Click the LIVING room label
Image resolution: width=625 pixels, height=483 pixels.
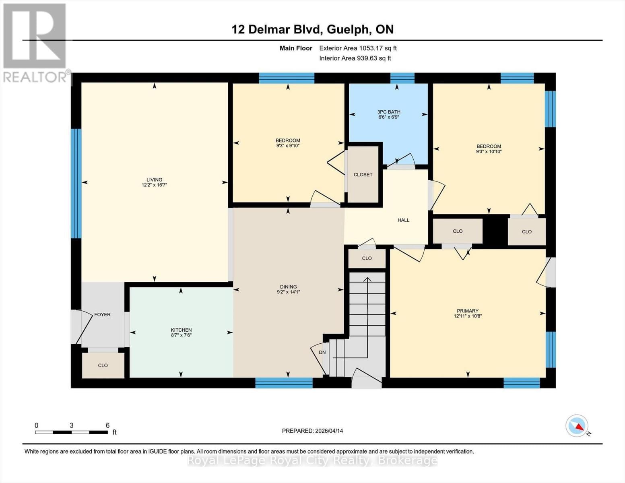pos(154,180)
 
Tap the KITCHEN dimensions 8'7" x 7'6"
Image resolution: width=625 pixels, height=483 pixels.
pos(181,335)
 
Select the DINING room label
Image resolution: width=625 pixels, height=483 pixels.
pos(288,287)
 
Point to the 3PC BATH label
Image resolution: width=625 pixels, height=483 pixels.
pos(388,112)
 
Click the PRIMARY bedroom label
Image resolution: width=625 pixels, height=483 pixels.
pos(467,311)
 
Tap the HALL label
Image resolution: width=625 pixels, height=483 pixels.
pos(403,220)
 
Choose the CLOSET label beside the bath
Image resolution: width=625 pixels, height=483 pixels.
pos(363,175)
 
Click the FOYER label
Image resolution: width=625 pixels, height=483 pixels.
pos(102,314)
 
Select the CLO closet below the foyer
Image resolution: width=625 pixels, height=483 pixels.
pos(103,365)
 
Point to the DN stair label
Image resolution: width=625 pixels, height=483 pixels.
pos(322,352)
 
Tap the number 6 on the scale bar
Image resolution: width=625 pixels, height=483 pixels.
pos(107,425)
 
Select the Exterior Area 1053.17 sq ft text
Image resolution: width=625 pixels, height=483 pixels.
pos(358,48)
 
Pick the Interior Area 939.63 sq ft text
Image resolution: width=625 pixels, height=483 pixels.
pos(355,58)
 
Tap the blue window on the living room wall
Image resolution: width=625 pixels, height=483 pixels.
pos(76,184)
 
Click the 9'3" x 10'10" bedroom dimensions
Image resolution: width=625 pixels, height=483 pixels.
pos(489,152)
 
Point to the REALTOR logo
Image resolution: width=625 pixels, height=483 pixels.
pos(35,42)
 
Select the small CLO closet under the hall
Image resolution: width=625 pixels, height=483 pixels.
pos(367,258)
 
